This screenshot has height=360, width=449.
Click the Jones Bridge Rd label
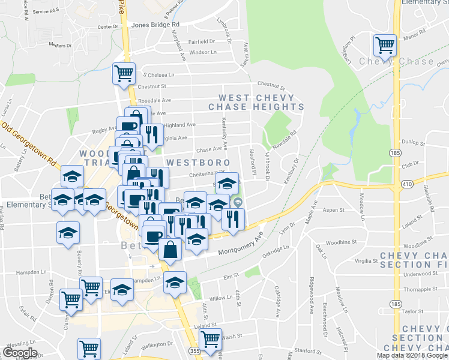point(155,25)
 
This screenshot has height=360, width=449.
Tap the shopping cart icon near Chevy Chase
point(385,44)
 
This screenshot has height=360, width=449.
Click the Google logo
point(20,353)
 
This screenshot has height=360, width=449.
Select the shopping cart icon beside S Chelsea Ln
point(124,73)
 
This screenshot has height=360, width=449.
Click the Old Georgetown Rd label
point(29,145)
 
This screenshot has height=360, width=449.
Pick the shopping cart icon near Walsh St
point(210,339)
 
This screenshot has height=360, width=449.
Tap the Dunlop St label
point(414,143)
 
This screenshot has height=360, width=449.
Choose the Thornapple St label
point(418,289)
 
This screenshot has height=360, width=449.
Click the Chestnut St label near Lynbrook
point(270,84)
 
